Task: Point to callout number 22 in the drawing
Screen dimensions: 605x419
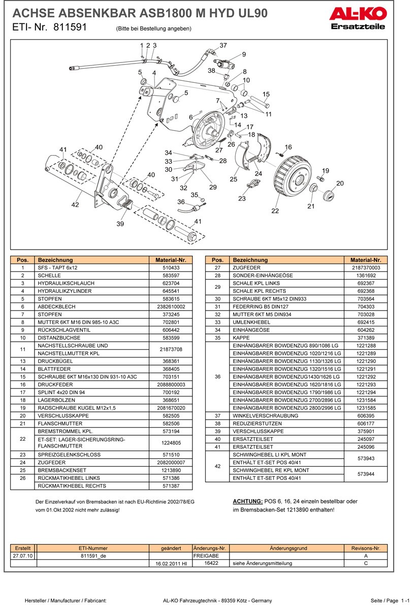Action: click(275, 211)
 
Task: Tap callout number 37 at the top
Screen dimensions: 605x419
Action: click(223, 46)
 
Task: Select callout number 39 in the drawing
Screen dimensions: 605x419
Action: click(120, 224)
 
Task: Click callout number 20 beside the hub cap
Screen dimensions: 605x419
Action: click(340, 183)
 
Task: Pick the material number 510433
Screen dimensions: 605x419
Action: click(171, 267)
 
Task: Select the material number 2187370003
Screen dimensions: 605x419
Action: click(366, 267)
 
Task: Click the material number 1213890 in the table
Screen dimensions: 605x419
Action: click(171, 470)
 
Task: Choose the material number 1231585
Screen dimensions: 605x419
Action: click(366, 408)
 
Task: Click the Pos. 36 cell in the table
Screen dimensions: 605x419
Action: click(217, 377)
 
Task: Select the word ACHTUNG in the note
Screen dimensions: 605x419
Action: click(247, 501)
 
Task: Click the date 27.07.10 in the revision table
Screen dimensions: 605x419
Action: click(23, 556)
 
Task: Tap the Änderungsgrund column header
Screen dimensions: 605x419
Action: click(288, 549)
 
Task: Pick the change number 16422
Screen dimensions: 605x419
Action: click(211, 563)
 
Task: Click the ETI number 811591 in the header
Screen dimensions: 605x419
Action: click(70, 28)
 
